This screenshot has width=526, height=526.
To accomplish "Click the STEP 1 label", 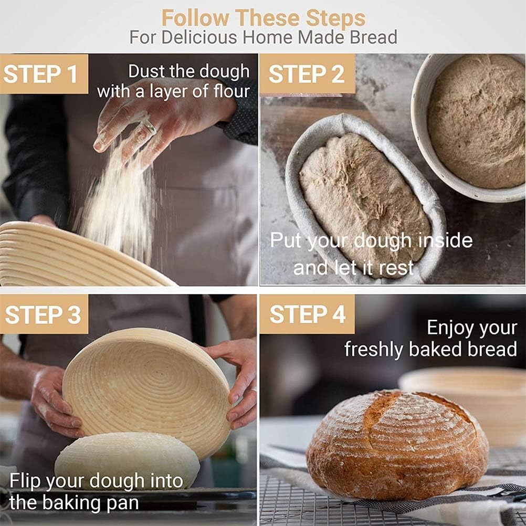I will click(x=41, y=74).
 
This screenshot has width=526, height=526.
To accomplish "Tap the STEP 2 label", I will click(x=307, y=74).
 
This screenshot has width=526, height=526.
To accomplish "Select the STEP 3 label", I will click(x=43, y=314).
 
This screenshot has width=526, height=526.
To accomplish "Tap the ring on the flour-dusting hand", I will click(x=149, y=127).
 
